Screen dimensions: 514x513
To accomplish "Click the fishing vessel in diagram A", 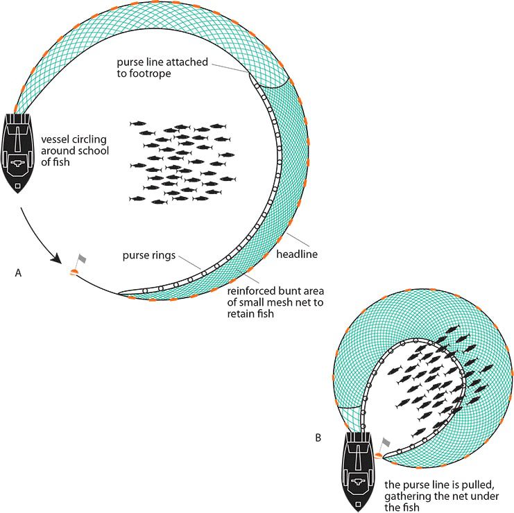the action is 17,153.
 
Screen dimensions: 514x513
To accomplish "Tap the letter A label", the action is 18,272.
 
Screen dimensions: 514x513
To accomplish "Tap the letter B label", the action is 318,437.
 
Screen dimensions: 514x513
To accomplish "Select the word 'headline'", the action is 297,254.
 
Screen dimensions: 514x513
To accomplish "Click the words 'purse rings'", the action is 149,256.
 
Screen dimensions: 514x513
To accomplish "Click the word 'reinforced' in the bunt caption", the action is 250,291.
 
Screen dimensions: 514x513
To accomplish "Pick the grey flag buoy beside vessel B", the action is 382,448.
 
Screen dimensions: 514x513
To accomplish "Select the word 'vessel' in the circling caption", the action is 55,139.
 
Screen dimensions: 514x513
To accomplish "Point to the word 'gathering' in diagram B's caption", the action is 407,496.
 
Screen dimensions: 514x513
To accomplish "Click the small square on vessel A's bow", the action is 18,186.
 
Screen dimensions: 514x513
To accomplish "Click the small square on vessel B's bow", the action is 358,505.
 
